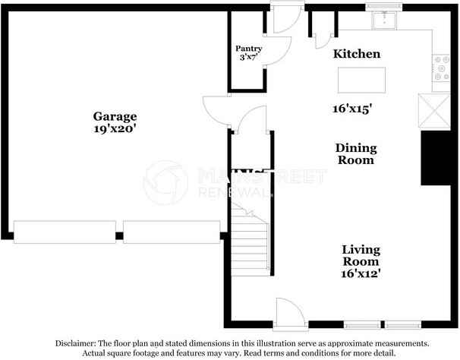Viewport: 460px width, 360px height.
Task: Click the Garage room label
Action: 115,116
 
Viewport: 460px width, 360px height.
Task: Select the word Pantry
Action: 249,49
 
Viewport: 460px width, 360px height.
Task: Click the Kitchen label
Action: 357,55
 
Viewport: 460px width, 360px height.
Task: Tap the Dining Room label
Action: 355,154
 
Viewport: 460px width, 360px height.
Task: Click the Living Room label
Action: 361,255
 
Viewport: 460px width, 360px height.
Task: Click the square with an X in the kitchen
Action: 433,112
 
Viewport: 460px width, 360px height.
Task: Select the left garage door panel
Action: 65,231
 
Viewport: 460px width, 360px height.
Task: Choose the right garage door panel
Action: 172,231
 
